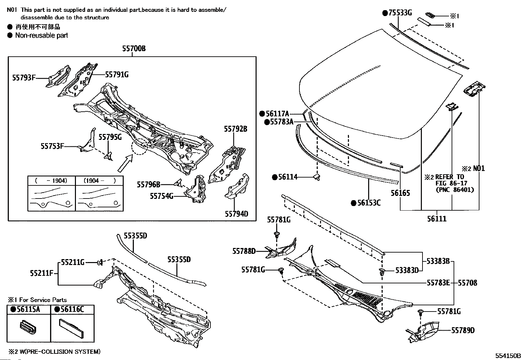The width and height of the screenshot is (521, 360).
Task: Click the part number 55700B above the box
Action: pos(134,49)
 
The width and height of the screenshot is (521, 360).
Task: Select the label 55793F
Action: pos(24,78)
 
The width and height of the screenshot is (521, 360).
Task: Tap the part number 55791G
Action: pos(117,75)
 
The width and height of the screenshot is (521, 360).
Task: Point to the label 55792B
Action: pos(236,129)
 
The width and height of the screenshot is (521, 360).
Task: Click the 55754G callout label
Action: pos(161,196)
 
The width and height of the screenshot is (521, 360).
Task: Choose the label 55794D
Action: pos(236,214)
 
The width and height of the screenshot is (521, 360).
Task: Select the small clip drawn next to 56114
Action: pos(316,177)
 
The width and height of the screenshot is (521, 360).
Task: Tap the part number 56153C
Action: pos(369,203)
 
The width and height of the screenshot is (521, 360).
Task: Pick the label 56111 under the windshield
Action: pos(437,218)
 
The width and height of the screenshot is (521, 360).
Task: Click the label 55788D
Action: pos(244,251)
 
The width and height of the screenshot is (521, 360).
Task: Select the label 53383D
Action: pos(407,270)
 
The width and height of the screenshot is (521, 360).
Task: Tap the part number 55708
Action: pos(467,282)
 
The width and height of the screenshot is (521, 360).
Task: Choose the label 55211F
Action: pos(41,273)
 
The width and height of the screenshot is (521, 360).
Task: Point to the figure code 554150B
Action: pos(507,356)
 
